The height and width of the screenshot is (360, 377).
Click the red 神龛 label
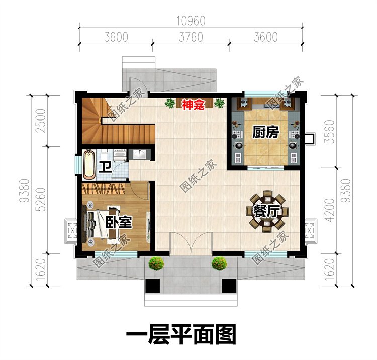click(194, 105)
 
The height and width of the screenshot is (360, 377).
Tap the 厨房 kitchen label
click(266, 132)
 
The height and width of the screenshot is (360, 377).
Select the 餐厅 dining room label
click(266, 212)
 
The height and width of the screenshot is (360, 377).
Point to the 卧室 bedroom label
click(119, 222)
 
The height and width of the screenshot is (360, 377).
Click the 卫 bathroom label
click(106, 167)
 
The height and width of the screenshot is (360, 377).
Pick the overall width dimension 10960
click(191, 21)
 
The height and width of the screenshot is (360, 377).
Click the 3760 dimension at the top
click(191, 37)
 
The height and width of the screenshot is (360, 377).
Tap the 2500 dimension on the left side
click(41, 121)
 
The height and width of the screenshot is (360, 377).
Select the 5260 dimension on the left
click(41, 199)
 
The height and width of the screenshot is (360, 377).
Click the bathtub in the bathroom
click(89, 165)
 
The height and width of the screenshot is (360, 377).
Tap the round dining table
click(267, 212)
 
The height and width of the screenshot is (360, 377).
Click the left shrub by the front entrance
click(156, 263)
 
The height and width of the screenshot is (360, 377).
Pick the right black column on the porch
click(229, 286)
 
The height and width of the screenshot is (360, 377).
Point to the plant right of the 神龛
click(219, 103)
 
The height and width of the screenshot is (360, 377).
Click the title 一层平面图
click(181, 334)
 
